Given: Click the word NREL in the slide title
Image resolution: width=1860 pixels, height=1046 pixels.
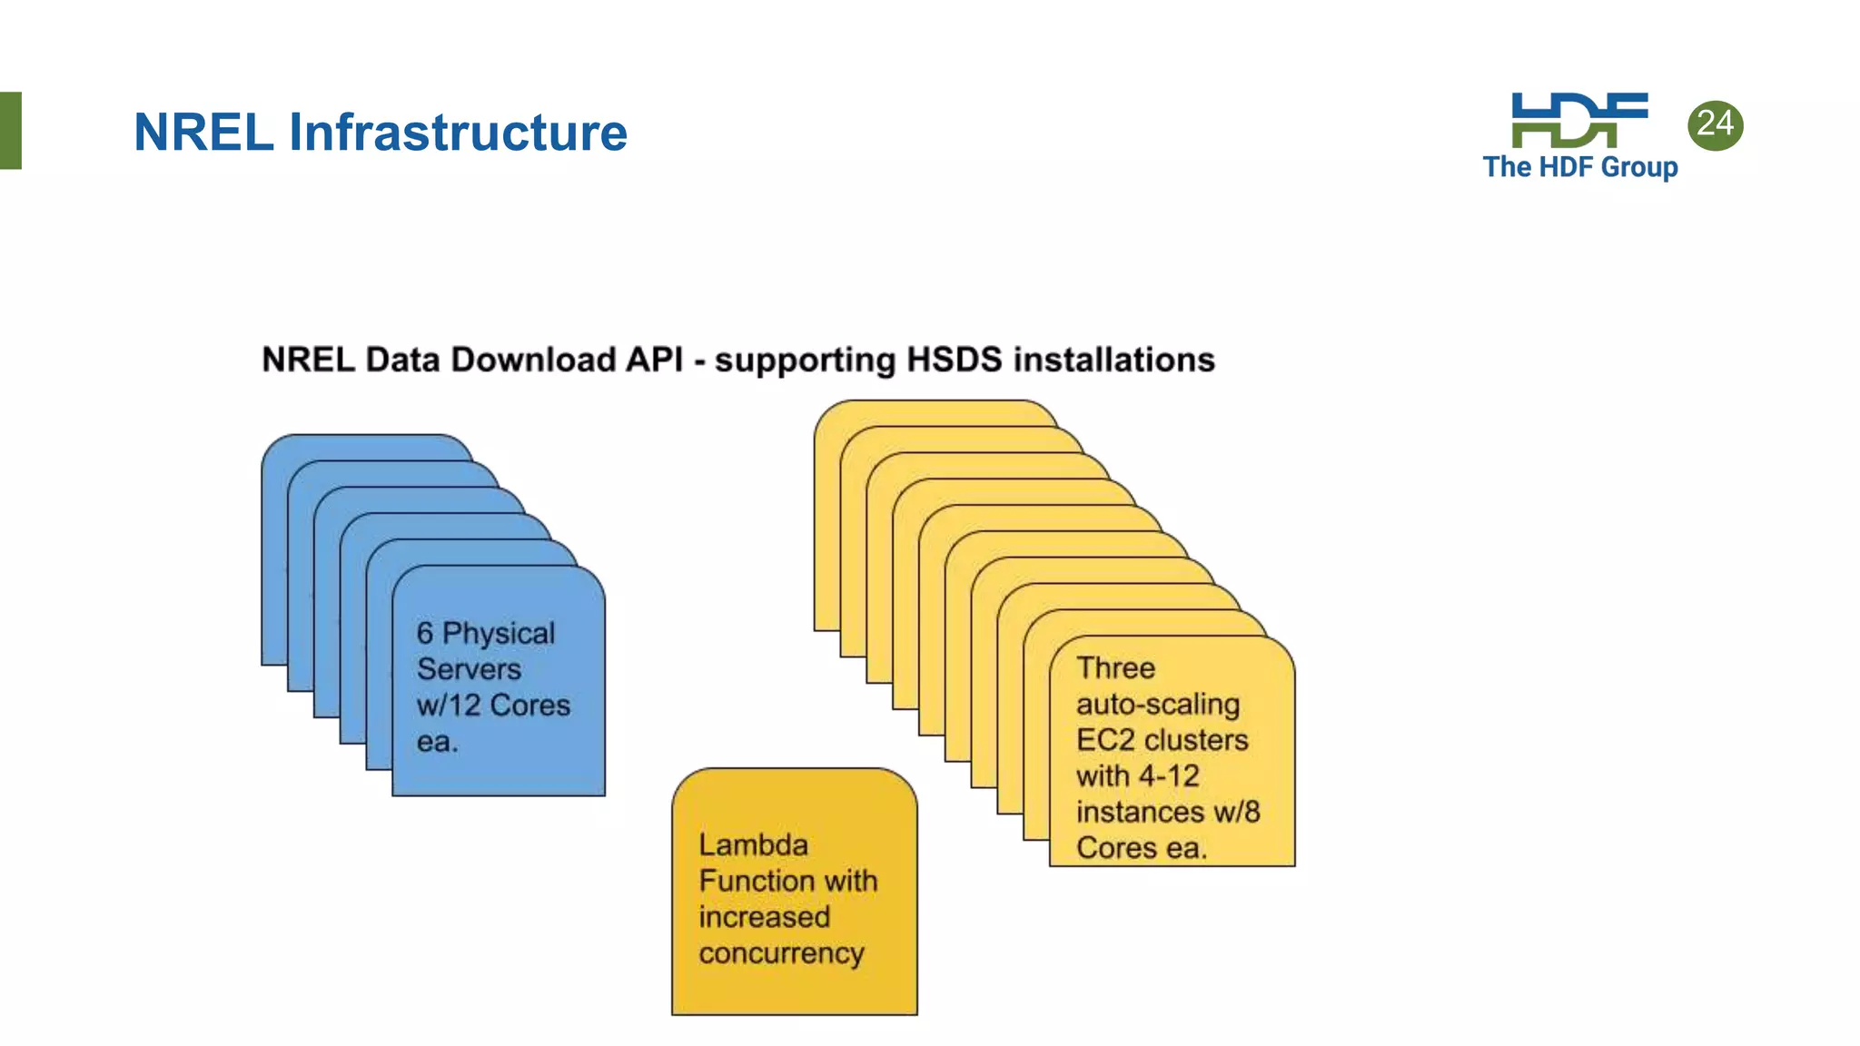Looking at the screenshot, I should pyautogui.click(x=203, y=133).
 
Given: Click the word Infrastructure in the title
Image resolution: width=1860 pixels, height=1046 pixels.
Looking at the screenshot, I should pyautogui.click(x=458, y=133).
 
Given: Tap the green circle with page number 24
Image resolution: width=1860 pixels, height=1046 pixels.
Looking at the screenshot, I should pyautogui.click(x=1715, y=124).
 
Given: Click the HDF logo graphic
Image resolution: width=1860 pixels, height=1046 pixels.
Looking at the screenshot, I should pyautogui.click(x=1578, y=120).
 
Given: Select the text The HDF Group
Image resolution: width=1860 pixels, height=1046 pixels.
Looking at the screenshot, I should pyautogui.click(x=1579, y=167).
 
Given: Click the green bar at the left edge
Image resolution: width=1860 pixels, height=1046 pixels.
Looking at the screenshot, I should pyautogui.click(x=10, y=130).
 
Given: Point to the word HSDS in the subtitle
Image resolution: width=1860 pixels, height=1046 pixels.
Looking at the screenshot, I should pyautogui.click(x=954, y=360).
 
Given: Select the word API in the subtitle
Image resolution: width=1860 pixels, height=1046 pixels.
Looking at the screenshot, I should pyautogui.click(x=654, y=360).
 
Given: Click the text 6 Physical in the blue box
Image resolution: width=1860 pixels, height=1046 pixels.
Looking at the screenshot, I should pyautogui.click(x=485, y=633).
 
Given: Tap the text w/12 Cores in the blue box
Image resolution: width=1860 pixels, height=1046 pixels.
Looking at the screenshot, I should pyautogui.click(x=493, y=706).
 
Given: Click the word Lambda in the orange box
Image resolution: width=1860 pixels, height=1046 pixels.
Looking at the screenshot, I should pyautogui.click(x=753, y=845).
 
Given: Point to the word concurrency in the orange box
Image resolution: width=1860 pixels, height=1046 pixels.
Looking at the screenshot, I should pyautogui.click(x=781, y=953).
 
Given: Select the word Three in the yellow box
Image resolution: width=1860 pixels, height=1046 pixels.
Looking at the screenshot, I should pyautogui.click(x=1115, y=668).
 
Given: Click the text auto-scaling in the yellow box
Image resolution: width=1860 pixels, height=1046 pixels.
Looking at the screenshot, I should pyautogui.click(x=1158, y=705).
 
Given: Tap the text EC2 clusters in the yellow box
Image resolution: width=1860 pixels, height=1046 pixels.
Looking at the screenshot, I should pyautogui.click(x=1162, y=740).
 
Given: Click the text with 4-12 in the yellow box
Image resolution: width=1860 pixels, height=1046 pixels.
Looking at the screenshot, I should pyautogui.click(x=1137, y=776).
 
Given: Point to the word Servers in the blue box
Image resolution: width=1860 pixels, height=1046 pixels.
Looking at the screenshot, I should pyautogui.click(x=469, y=669).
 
